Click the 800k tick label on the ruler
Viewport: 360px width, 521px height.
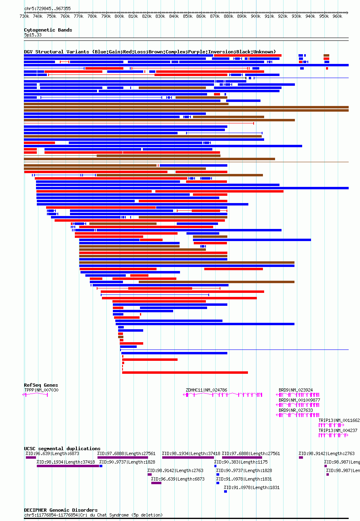pyautogui.click(x=119, y=17)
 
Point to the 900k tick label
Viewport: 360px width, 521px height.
pyautogui.click(x=256, y=17)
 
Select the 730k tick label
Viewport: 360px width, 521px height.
pyautogui.click(x=24, y=17)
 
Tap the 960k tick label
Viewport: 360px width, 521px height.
pyautogui.click(x=337, y=17)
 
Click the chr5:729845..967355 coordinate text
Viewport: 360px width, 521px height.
pyautogui.click(x=47, y=8)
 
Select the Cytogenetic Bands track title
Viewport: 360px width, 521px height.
pyautogui.click(x=48, y=30)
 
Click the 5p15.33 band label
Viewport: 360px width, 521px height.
pyautogui.click(x=33, y=35)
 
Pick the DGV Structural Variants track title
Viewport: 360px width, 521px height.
pyautogui.click(x=150, y=52)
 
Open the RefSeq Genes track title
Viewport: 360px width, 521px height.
pyautogui.click(x=41, y=385)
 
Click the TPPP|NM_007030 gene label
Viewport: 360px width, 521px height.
pyautogui.click(x=41, y=390)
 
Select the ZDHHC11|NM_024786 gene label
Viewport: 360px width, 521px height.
pyautogui.click(x=206, y=390)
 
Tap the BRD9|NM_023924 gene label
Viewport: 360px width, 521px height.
pyautogui.click(x=296, y=390)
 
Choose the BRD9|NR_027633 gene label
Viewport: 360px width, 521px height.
pyautogui.click(x=296, y=410)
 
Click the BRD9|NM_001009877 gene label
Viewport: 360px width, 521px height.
pyautogui.click(x=299, y=400)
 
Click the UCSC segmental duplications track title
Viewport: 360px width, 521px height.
pyautogui.click(x=62, y=448)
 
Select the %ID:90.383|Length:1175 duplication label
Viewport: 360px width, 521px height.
pyautogui.click(x=241, y=462)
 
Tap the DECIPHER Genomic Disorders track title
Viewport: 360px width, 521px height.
pyautogui.click(x=61, y=510)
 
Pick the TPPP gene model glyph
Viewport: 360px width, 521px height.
pyautogui.click(x=36, y=395)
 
